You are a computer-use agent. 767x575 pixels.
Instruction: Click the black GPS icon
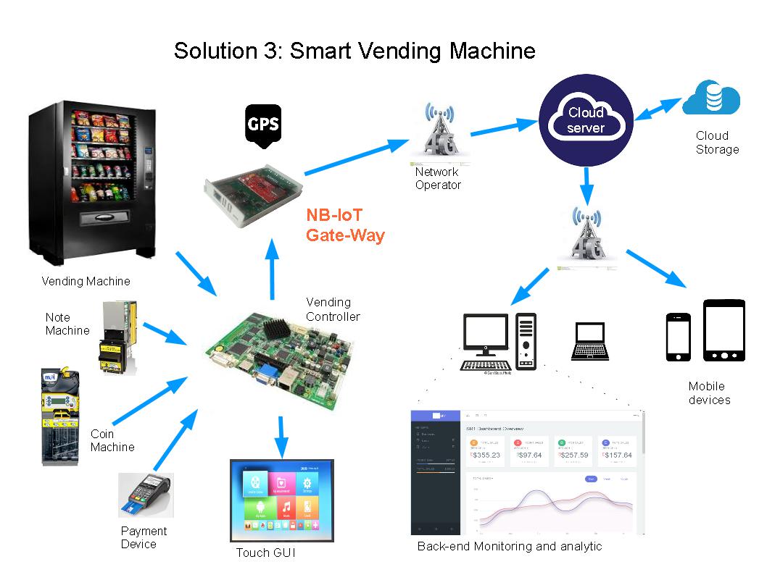pos(263,125)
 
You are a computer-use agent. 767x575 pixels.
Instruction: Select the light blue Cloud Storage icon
pos(711,98)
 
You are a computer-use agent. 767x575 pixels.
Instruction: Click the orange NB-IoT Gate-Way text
pos(345,226)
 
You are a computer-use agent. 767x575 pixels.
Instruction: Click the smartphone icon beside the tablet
pos(678,337)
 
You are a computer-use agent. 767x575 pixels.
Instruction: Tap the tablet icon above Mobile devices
pos(724,330)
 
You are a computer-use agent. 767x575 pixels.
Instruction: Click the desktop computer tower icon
pos(526,341)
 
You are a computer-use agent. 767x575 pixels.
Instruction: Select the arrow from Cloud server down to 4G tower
pos(586,185)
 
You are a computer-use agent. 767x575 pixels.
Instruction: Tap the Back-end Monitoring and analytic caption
pos(509,546)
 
